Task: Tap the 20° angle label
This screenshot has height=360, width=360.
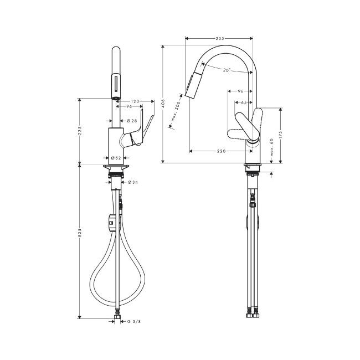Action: pyautogui.click(x=227, y=70)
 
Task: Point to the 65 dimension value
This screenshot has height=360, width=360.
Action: pyautogui.click(x=244, y=102)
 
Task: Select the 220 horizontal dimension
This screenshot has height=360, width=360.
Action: pyautogui.click(x=222, y=151)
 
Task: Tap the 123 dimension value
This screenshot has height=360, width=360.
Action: pyautogui.click(x=134, y=101)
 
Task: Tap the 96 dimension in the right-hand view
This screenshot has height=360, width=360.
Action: pyautogui.click(x=240, y=91)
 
